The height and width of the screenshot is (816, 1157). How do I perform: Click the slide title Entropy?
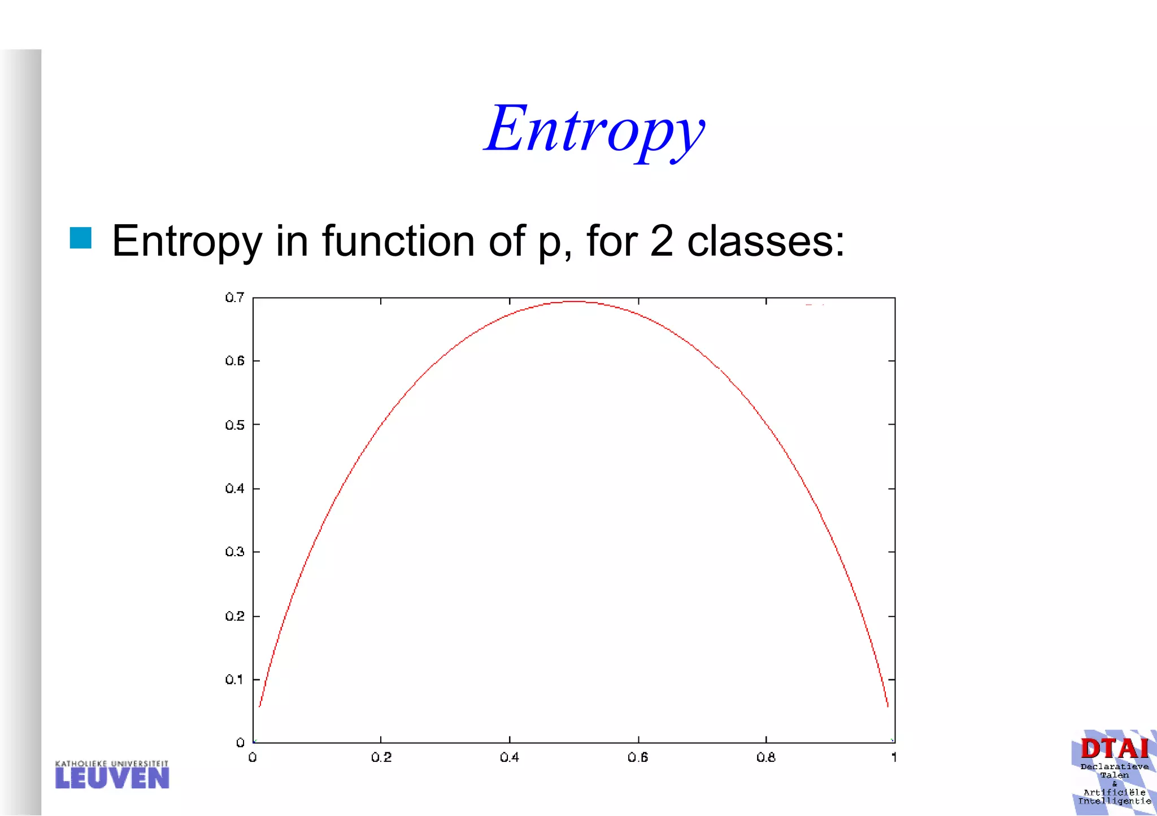coord(594,130)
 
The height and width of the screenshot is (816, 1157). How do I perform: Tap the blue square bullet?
coord(81,238)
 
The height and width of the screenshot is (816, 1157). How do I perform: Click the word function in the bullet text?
coord(398,241)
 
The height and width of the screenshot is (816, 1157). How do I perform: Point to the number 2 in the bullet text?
coord(661,241)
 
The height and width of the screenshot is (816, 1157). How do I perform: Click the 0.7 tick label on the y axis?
coord(234,298)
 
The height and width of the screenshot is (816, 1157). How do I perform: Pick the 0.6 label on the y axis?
coord(234,361)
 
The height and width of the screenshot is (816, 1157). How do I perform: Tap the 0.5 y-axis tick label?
coord(234,425)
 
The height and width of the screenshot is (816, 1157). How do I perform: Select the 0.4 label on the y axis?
coord(234,488)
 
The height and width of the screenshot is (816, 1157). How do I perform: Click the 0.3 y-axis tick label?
coord(234,552)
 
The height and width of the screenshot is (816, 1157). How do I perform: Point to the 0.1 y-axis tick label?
coord(234,679)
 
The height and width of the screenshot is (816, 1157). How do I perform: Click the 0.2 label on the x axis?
coord(381,757)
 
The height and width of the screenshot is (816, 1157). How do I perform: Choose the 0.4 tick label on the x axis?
coord(510,757)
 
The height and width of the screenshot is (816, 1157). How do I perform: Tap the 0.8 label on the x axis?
coord(766,757)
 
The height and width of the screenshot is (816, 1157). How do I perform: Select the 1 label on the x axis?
coord(894,757)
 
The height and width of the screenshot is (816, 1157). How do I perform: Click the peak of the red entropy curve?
coord(574,302)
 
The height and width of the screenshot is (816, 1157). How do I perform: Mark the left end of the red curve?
coord(259,706)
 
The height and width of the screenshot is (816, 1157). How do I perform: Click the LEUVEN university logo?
coord(112,775)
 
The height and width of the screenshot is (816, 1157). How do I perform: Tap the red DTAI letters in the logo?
coord(1114,749)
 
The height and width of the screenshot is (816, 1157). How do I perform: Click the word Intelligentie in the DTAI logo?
coord(1114,801)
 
